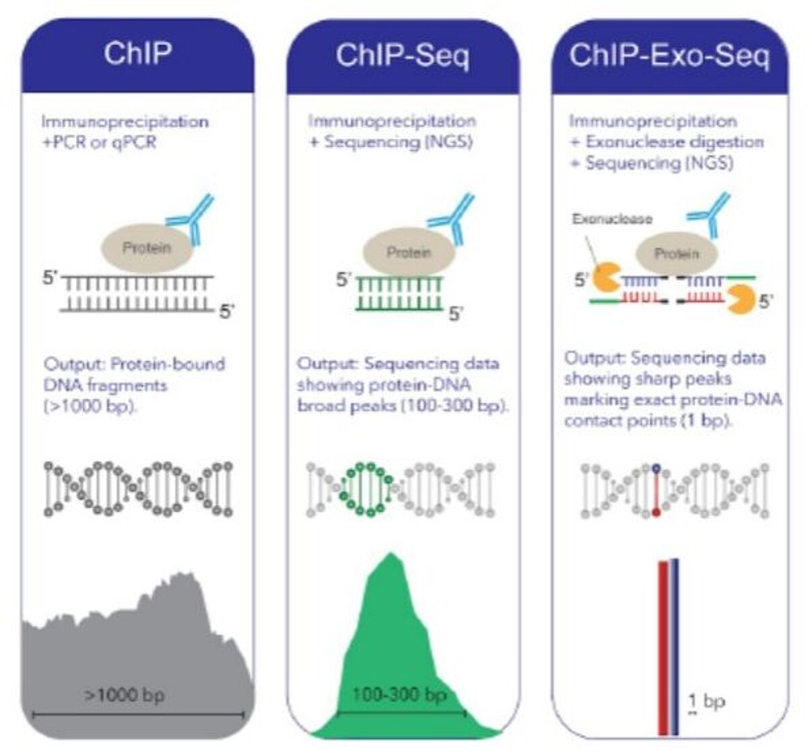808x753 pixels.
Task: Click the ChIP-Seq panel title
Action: pos(403,56)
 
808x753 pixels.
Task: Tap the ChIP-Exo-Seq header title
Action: pos(670,55)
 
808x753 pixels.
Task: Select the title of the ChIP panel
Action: pos(138,53)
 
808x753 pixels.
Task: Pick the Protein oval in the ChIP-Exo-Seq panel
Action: pos(677,254)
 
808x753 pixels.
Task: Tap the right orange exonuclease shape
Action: pos(741,299)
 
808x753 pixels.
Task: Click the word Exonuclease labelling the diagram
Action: pos(612,219)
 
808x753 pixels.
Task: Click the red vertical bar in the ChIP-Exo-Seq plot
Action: pos(663,649)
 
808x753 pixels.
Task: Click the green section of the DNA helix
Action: pos(364,490)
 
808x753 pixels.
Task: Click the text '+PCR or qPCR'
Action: pos(99,143)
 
